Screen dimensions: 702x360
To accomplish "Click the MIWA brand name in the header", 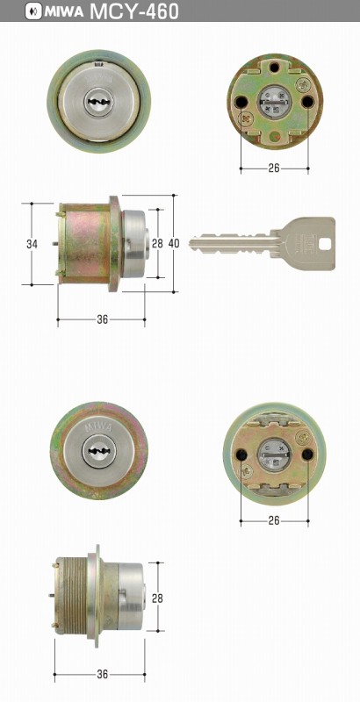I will pyautogui.click(x=56, y=11).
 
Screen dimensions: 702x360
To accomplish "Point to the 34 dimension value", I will pyautogui.click(x=32, y=243).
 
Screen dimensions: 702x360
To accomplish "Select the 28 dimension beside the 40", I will pyautogui.click(x=158, y=243).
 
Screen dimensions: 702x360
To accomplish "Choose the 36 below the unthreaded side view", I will pyautogui.click(x=102, y=319).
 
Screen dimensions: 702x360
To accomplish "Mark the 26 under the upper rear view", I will pyautogui.click(x=274, y=168).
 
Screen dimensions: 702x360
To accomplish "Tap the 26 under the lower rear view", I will pyautogui.click(x=274, y=521).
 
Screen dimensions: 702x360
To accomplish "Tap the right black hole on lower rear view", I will pyautogui.click(x=307, y=454).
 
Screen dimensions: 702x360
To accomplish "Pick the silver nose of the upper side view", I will pyautogui.click(x=132, y=245).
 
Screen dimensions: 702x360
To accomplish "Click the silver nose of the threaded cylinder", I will pyautogui.click(x=132, y=597).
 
